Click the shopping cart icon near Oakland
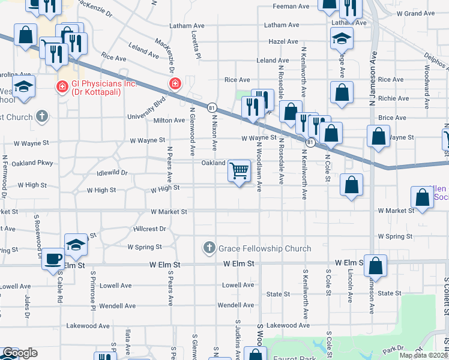(x=239, y=172)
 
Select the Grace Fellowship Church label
(x=265, y=248)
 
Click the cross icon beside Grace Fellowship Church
(x=209, y=248)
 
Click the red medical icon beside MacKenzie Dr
(x=175, y=83)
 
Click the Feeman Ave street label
(x=291, y=7)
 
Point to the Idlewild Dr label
(x=112, y=173)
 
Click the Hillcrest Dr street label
(x=149, y=229)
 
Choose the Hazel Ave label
(x=283, y=42)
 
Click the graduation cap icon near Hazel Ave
(x=342, y=38)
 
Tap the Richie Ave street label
(x=394, y=98)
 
